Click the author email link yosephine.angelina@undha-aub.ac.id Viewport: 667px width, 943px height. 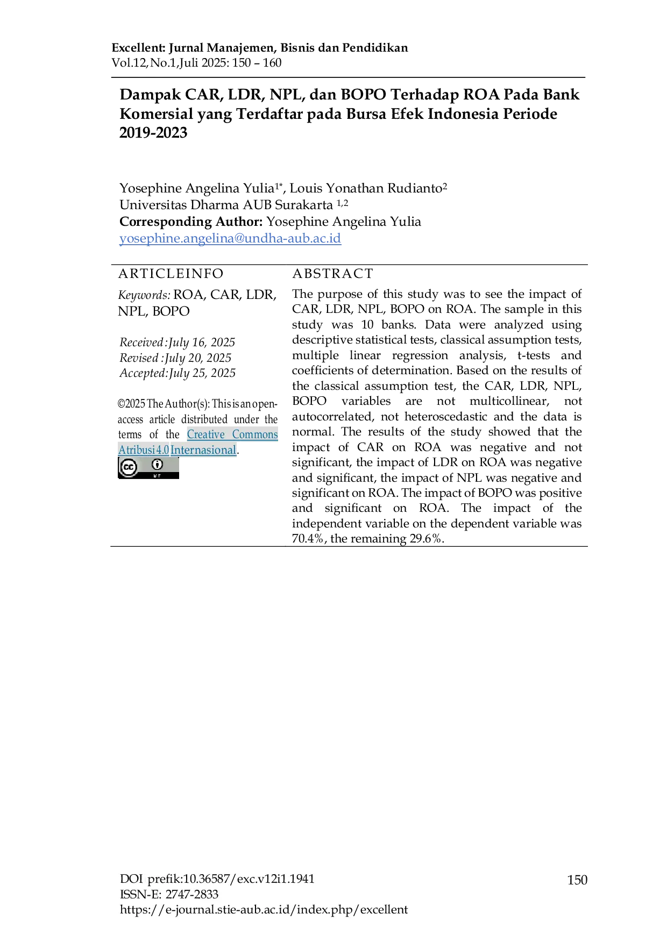pos(230,238)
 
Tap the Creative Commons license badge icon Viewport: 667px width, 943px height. pos(148,468)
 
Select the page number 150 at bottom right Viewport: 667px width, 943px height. pos(577,880)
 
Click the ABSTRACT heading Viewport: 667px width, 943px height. pos(332,274)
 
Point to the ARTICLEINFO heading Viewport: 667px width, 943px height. pos(171,274)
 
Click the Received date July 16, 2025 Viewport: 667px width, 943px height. pos(202,342)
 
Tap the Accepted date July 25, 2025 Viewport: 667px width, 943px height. pos(202,373)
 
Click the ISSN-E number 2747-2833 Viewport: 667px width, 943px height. pos(191,895)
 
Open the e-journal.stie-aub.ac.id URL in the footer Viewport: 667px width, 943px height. pos(264,910)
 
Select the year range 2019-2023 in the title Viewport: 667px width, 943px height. pos(153,133)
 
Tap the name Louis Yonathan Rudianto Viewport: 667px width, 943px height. pos(366,188)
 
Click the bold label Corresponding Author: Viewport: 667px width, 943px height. pos(191,222)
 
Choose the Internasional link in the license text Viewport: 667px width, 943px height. pos(203,450)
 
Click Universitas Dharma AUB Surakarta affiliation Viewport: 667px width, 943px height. pos(226,205)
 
